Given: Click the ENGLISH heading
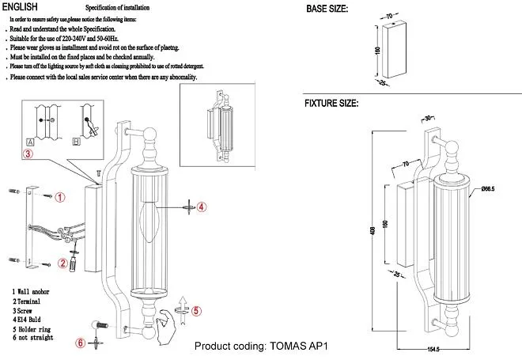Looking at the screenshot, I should coord(21,6).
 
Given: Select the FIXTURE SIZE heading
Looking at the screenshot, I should coord(332,104).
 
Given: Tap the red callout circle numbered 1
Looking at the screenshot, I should coord(60,196).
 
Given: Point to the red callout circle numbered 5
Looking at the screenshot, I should coord(198,310).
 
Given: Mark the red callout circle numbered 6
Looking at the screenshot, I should coord(79,343).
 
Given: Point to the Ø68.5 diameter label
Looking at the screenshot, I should coord(487,190).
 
